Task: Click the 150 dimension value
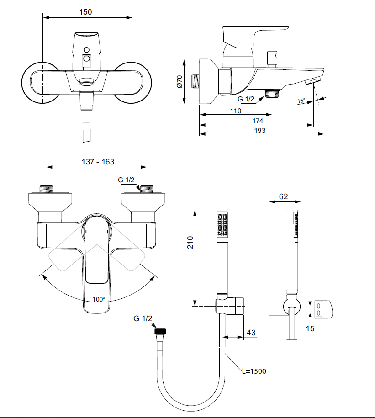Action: [85, 12]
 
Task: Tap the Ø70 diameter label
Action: [180, 81]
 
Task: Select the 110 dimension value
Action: [235, 111]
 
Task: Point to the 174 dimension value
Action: [258, 121]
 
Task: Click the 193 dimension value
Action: [260, 130]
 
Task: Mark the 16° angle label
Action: [301, 101]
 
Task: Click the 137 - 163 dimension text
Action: [98, 162]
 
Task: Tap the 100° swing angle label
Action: [99, 299]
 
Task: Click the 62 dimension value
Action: [284, 197]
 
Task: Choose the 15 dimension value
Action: [310, 328]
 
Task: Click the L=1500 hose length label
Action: [254, 371]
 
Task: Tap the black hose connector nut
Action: [161, 331]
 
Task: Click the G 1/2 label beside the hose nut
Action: [143, 318]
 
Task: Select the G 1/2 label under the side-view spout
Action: [246, 99]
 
